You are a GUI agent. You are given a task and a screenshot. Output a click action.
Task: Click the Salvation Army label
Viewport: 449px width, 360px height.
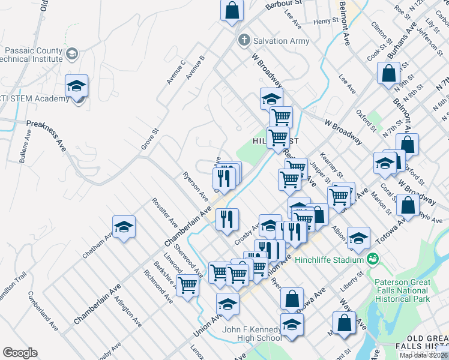282,41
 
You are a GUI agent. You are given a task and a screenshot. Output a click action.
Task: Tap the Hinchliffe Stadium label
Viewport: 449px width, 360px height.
333,259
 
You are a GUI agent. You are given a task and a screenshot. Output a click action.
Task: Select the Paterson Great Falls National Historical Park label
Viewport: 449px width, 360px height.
411,290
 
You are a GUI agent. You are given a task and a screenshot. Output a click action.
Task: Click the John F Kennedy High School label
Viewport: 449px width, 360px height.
252,334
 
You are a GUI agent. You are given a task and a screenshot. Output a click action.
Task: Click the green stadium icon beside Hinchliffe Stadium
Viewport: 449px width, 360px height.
373,259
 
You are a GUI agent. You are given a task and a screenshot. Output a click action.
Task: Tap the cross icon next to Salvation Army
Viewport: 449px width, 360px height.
244,41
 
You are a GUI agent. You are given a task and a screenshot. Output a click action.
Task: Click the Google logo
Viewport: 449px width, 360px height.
20,353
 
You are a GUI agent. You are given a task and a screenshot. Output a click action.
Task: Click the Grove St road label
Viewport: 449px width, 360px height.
149,138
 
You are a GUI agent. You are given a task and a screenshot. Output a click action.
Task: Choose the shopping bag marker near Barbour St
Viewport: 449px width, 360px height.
232,10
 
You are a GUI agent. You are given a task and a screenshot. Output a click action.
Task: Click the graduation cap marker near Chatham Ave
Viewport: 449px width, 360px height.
124,227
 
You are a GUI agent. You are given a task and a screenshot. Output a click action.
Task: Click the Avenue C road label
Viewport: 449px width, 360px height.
176,71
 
